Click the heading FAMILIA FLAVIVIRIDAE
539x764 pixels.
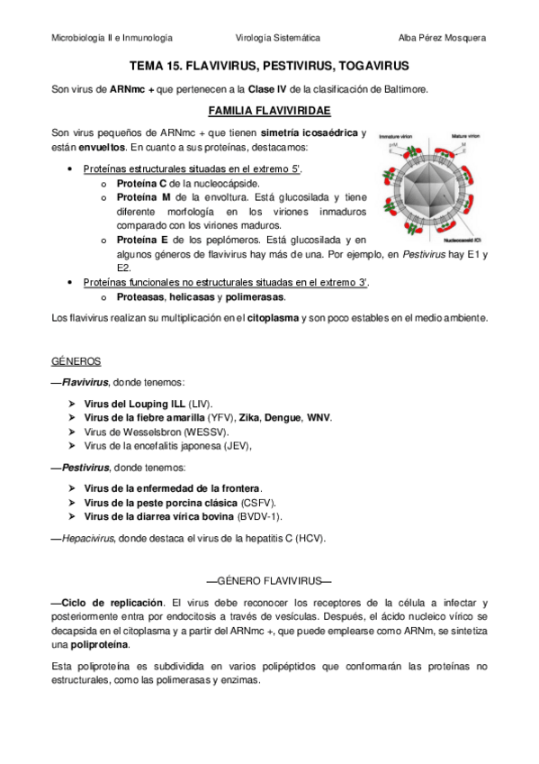[269, 111]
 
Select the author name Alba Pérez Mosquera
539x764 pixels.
[441, 38]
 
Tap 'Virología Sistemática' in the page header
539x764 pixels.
[277, 38]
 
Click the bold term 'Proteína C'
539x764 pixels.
[142, 183]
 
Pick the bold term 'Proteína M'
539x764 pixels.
[143, 196]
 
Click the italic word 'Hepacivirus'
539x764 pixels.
[86, 538]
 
